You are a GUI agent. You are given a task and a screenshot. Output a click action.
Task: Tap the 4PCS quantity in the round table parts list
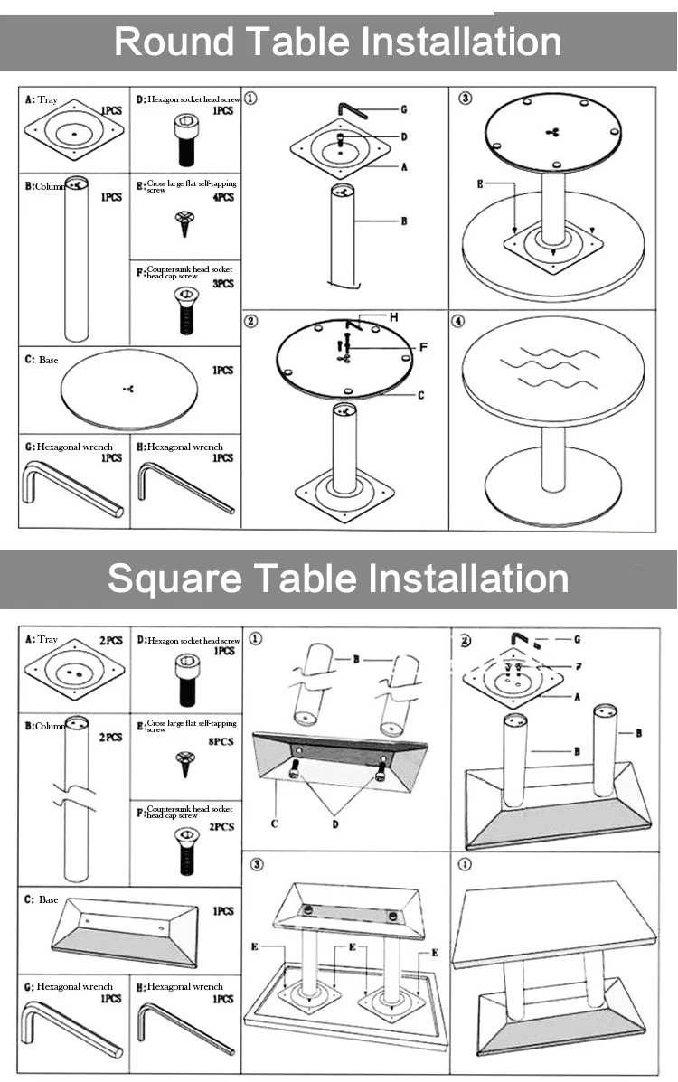point(223,197)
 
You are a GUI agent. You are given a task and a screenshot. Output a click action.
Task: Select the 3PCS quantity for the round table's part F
point(223,284)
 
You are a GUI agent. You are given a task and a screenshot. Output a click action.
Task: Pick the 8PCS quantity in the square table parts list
point(221,741)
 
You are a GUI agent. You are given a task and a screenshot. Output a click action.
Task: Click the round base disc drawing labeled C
point(131,389)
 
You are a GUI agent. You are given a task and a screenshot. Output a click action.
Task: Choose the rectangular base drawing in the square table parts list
point(127,931)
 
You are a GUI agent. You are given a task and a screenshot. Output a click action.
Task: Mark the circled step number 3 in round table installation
point(465,99)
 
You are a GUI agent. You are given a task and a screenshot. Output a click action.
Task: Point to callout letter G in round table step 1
point(403,109)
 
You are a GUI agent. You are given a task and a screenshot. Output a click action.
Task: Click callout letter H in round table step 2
point(393,318)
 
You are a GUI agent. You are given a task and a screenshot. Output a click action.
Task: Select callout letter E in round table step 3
point(481,183)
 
